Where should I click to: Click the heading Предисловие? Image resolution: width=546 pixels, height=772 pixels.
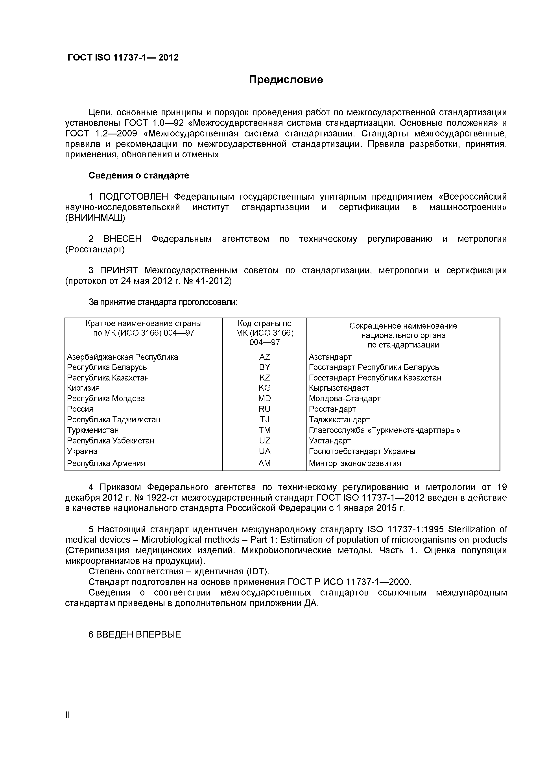286,80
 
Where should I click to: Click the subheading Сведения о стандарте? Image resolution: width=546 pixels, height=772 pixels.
139,176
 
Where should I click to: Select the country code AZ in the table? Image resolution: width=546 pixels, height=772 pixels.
264,357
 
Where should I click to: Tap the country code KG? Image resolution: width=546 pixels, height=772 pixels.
264,388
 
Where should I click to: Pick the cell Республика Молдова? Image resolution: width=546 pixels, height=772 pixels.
106,399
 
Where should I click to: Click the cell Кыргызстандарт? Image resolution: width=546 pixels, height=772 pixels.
339,388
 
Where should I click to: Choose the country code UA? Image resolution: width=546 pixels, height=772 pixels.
264,451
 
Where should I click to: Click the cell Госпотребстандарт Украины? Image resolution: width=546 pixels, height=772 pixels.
362,451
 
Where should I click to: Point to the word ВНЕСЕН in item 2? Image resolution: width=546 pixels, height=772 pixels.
122,239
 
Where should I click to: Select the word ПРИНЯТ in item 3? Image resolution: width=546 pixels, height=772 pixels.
119,271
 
